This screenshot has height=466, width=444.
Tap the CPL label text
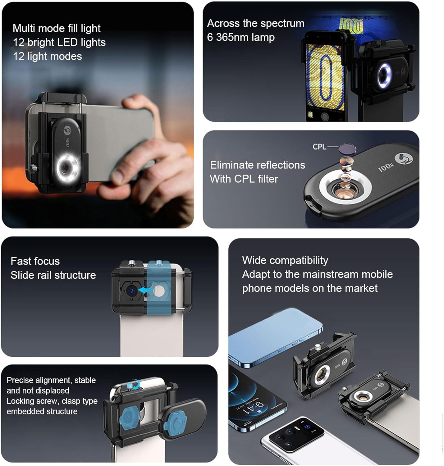tap(319, 147)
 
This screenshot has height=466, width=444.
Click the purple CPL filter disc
tap(347, 148)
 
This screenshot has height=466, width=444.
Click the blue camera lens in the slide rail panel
tap(131, 291)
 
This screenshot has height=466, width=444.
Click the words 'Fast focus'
tap(35, 261)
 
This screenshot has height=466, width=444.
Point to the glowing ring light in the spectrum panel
tap(384, 75)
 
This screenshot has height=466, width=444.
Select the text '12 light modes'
tap(47, 56)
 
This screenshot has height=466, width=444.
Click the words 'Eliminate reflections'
tap(257, 165)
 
